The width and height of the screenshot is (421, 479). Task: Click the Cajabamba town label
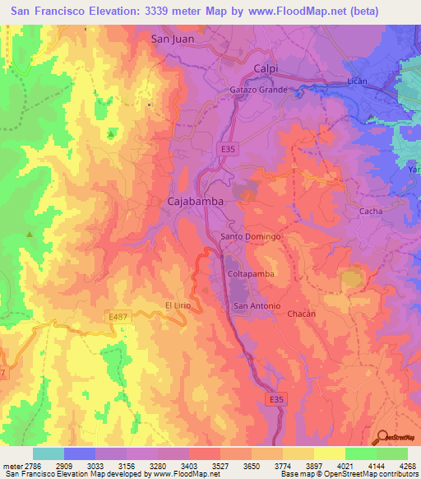197,200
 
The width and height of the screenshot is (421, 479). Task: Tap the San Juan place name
171,38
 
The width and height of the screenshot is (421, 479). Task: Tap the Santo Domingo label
252,236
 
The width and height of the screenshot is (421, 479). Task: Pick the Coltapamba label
249,273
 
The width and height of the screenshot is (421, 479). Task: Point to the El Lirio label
178,305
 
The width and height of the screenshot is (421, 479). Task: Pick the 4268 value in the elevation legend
409,466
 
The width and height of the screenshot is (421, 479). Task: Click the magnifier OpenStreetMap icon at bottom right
382,437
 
